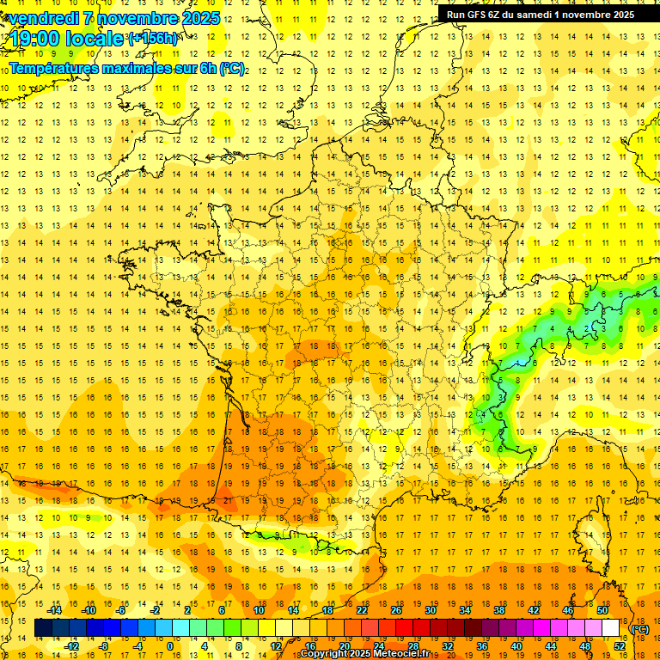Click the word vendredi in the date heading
[x=46, y=18]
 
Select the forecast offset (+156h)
[x=152, y=39]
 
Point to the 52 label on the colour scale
[x=620, y=645]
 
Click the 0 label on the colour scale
[x=171, y=645]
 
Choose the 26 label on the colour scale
[x=396, y=609]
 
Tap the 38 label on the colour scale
[x=498, y=609]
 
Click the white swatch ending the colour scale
[x=611, y=628]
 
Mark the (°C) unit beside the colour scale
[x=640, y=629]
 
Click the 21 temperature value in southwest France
[x=227, y=500]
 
